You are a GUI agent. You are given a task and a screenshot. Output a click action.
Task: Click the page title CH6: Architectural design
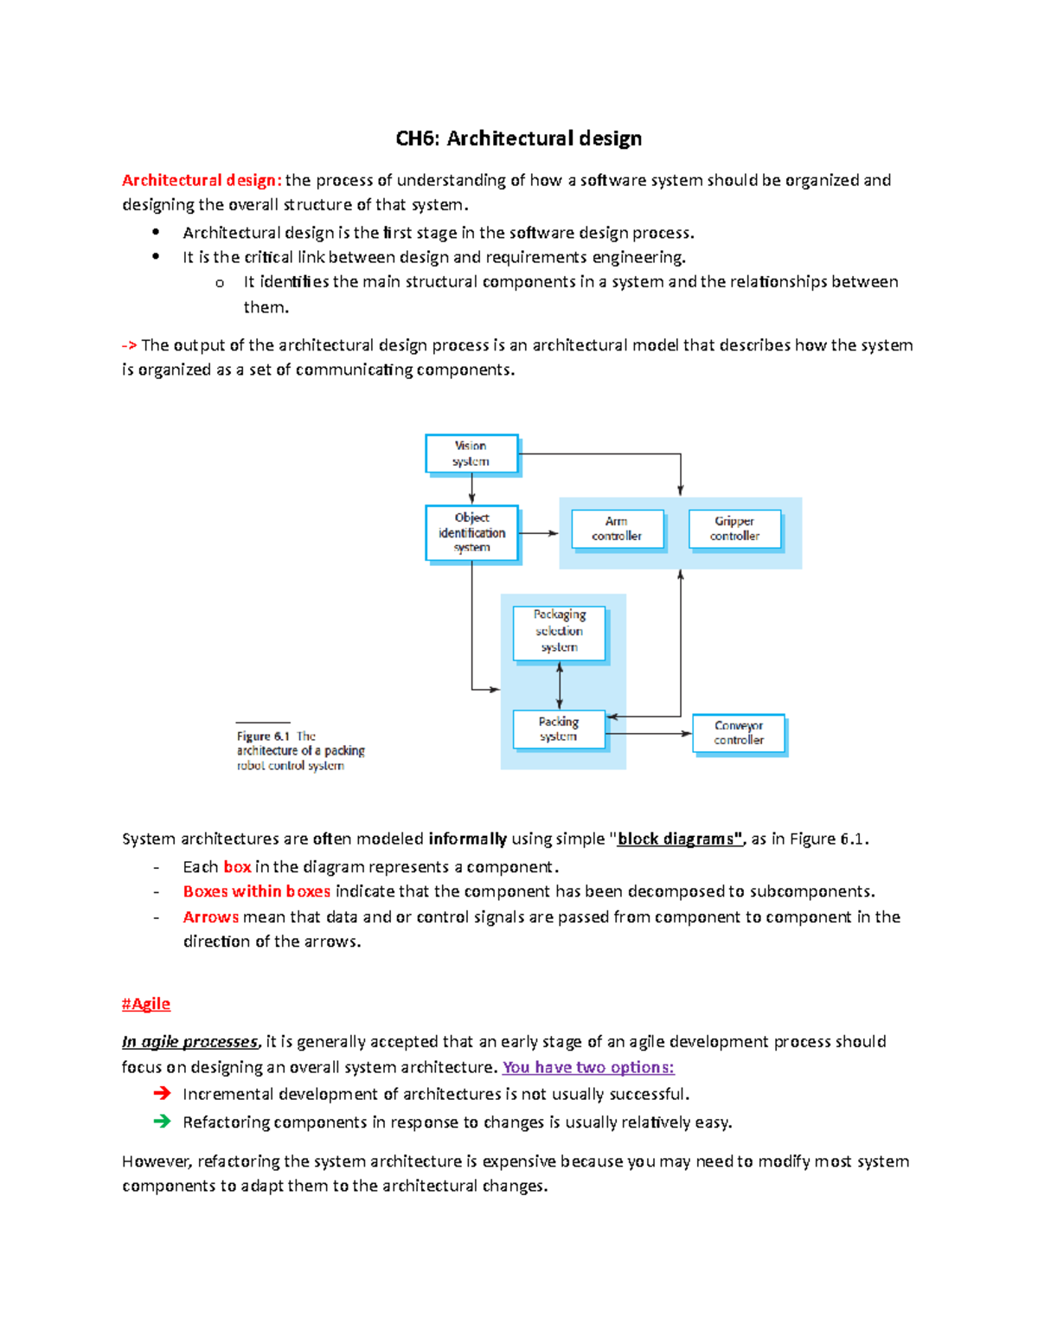(518, 138)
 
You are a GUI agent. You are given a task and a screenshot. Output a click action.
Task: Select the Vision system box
(471, 453)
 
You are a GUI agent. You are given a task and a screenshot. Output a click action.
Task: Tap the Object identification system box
(471, 532)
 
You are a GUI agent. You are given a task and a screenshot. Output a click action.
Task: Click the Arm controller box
(617, 529)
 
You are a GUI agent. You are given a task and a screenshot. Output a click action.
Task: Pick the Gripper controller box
(734, 529)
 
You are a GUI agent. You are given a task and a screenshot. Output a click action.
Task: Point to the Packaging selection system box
(559, 632)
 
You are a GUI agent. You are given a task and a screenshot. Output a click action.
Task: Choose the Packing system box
(558, 729)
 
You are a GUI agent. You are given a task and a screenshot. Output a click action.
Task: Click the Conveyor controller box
(739, 733)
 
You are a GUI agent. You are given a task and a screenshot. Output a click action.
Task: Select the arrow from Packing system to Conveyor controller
(649, 734)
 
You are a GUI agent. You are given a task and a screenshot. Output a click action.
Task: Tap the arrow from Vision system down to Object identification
(471, 490)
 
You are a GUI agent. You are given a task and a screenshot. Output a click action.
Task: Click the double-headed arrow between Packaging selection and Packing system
(560, 686)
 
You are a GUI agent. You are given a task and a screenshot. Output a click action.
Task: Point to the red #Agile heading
(146, 1004)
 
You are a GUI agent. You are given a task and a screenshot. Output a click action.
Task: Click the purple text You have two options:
(588, 1067)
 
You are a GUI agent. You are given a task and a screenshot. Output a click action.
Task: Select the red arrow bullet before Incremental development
(162, 1094)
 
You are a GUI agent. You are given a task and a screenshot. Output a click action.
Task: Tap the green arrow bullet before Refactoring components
(162, 1122)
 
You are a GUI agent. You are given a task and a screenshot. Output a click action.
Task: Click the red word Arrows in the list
(210, 916)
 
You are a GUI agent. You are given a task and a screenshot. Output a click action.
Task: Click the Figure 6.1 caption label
(263, 736)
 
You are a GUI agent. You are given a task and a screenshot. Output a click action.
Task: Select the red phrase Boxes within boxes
(256, 891)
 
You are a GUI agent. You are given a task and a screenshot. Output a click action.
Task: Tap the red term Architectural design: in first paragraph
(202, 180)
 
